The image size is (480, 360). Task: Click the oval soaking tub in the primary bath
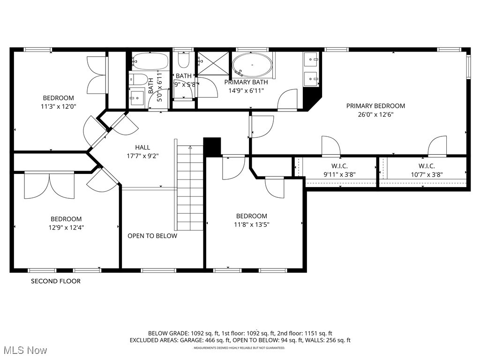pos(252,65)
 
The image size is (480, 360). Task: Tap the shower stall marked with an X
pos(213,63)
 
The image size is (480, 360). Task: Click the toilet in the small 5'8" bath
pos(183,61)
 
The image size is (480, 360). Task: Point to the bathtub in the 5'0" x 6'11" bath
pos(150,61)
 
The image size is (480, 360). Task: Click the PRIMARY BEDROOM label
pos(375,106)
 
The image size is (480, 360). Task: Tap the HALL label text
pos(142,147)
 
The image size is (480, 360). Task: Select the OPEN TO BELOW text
pos(152,236)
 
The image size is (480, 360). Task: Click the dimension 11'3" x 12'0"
pos(59,106)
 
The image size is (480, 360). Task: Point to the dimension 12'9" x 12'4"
pos(66,227)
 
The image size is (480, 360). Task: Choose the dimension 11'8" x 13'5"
pos(251,225)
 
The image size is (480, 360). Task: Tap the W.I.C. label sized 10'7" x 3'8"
pos(427,166)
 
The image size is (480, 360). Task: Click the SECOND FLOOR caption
pos(56,281)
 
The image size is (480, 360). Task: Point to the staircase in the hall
pos(190,187)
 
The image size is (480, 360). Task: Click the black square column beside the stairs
pos(212,146)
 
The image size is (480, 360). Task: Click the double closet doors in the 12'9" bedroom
pos(49,185)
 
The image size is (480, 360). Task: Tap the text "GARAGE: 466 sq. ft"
pos(205,341)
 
